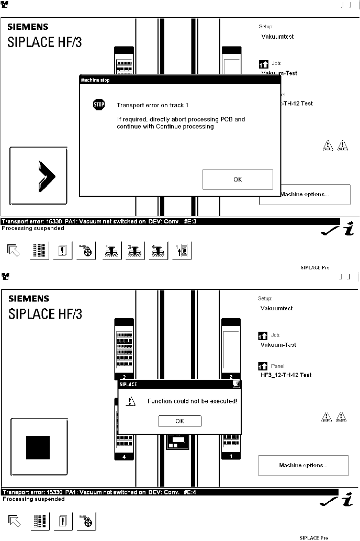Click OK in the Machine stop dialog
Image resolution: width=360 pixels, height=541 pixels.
coord(238,179)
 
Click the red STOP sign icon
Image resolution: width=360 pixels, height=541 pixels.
coord(98,105)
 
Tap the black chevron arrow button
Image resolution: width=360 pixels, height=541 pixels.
coord(39,175)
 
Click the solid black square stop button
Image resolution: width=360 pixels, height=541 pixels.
coord(38,447)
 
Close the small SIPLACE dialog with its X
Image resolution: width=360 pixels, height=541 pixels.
coord(236,384)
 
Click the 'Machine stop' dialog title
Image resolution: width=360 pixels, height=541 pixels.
coord(95,80)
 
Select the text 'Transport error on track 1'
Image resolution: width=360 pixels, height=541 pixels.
coord(152,105)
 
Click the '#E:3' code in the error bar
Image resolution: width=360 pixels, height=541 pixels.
coord(190,221)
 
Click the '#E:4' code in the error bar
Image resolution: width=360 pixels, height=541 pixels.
coord(190,492)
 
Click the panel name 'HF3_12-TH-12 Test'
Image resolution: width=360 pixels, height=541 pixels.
coord(286,375)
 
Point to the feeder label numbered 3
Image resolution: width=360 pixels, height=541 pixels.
coord(124,377)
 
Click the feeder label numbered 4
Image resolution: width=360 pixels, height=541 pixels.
coord(124,457)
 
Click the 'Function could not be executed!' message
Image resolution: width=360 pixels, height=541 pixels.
coord(193,401)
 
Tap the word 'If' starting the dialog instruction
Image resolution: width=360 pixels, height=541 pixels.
coord(119,119)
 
